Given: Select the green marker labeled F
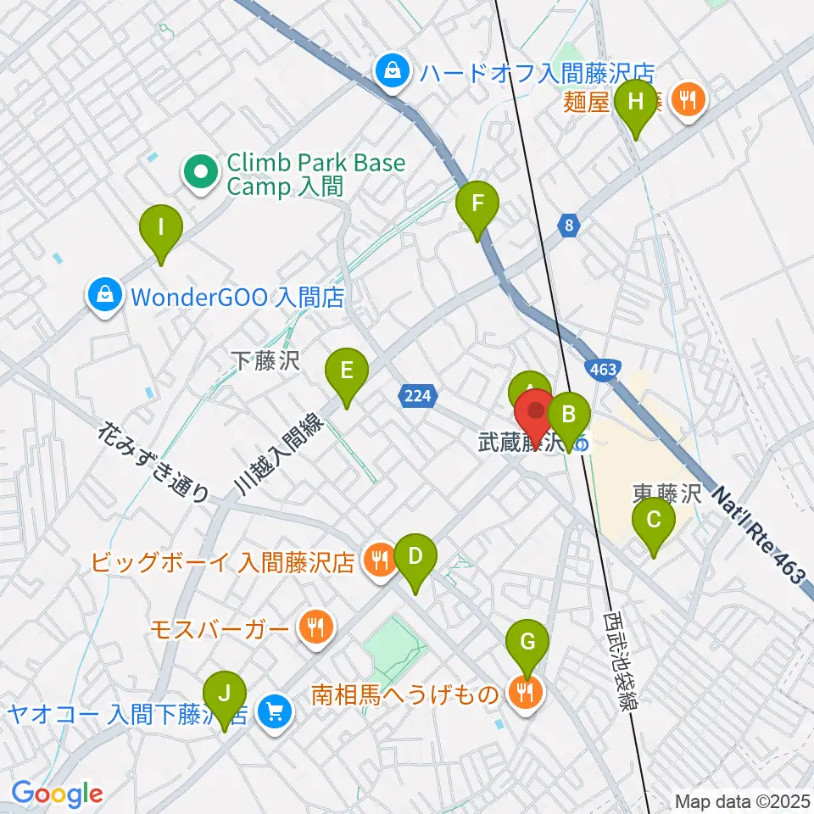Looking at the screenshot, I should coord(477,203).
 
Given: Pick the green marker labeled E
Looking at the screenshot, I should coord(347,371).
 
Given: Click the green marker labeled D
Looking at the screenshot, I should coord(415,557).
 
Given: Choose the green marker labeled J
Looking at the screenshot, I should coord(224,692).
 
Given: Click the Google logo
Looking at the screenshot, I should coord(57,794).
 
